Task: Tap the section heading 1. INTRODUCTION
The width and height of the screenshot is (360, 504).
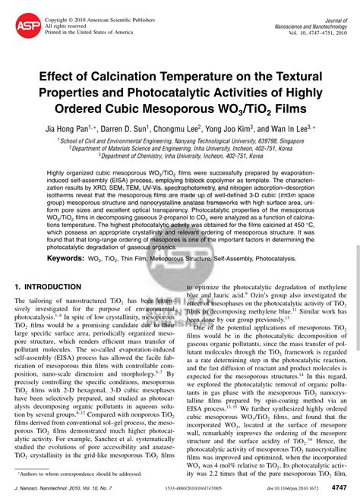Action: [50, 288]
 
